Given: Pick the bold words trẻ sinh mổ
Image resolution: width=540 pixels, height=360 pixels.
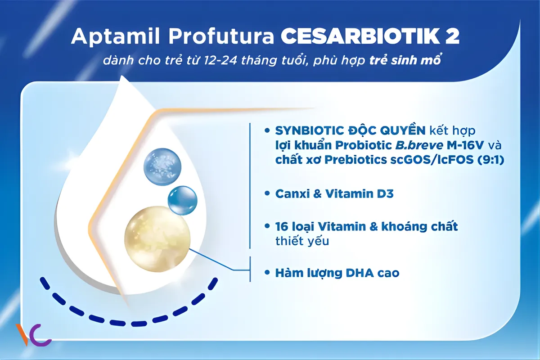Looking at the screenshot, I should click(403, 60).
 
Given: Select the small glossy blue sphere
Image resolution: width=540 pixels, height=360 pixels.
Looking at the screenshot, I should click(182, 200).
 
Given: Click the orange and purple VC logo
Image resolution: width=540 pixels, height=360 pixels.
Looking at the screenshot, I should click(33, 335).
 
